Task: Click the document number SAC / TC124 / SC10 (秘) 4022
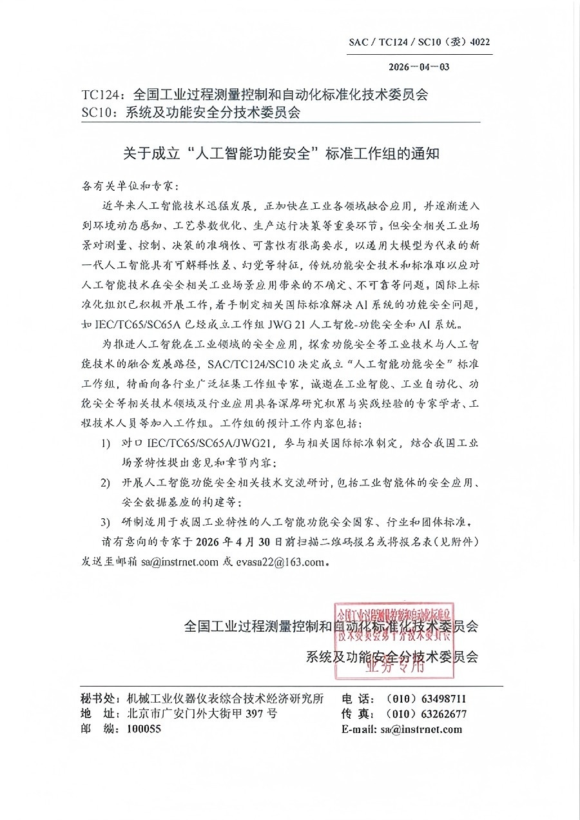click(420, 43)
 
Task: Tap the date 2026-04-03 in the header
click(419, 66)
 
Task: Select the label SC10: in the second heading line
click(97, 113)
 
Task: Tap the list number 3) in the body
click(105, 521)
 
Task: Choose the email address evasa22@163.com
click(280, 561)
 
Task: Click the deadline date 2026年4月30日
click(244, 540)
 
